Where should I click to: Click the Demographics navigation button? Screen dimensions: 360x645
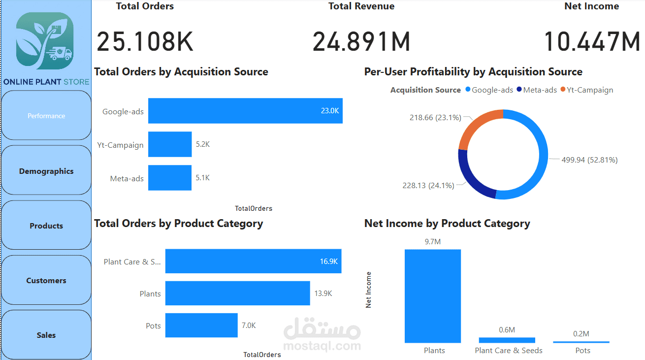[46, 171]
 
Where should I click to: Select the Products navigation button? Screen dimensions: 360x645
[46, 226]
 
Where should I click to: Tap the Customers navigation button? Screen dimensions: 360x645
[46, 280]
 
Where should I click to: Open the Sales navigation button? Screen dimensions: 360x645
[46, 335]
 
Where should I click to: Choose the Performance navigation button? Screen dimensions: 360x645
[46, 116]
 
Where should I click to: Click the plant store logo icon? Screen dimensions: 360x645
[45, 41]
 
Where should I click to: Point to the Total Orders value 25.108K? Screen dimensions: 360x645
[145, 41]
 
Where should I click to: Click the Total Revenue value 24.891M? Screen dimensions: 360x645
[361, 41]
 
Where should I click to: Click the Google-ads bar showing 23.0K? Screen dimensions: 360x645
[245, 111]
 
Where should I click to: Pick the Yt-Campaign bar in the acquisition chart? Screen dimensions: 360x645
[170, 144]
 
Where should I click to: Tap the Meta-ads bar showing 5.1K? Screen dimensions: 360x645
[170, 178]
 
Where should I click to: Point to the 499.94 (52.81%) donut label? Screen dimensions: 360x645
[589, 160]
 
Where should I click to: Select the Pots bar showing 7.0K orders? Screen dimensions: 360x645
[201, 326]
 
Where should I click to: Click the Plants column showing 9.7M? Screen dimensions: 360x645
[433, 296]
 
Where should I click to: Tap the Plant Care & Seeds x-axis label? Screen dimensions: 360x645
[509, 351]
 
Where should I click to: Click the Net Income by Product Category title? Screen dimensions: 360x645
[447, 224]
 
